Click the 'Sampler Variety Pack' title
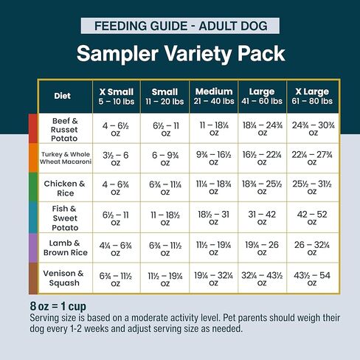click(181, 55)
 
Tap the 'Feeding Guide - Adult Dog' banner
click(181, 26)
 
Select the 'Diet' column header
click(63, 96)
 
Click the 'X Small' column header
click(116, 96)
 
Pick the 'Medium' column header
click(214, 96)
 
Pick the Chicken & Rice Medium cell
click(214, 187)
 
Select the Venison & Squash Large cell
click(263, 277)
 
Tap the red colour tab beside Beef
click(32, 128)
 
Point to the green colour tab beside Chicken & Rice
click(32, 187)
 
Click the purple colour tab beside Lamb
click(32, 247)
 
